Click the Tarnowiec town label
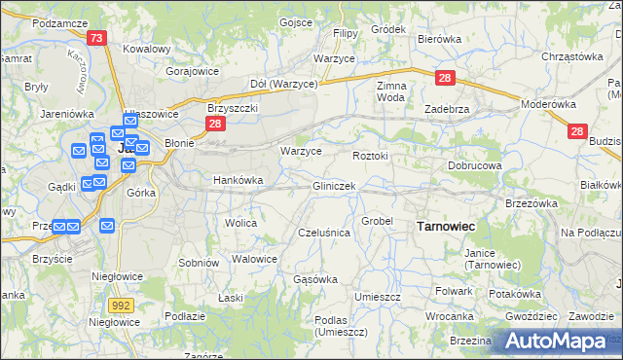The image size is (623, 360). tap(445, 226)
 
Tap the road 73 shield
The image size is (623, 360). tap(96, 38)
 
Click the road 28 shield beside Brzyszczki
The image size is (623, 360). tap(216, 124)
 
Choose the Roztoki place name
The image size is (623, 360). tap(370, 156)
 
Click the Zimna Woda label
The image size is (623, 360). tap(390, 91)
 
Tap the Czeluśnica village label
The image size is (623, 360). tap(323, 233)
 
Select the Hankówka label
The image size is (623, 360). tap(238, 180)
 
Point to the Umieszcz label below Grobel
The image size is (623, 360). tap(378, 296)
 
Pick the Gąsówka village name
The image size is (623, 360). tap(315, 279)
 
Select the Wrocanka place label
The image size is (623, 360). tap(449, 316)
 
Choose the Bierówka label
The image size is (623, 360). tap(438, 39)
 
